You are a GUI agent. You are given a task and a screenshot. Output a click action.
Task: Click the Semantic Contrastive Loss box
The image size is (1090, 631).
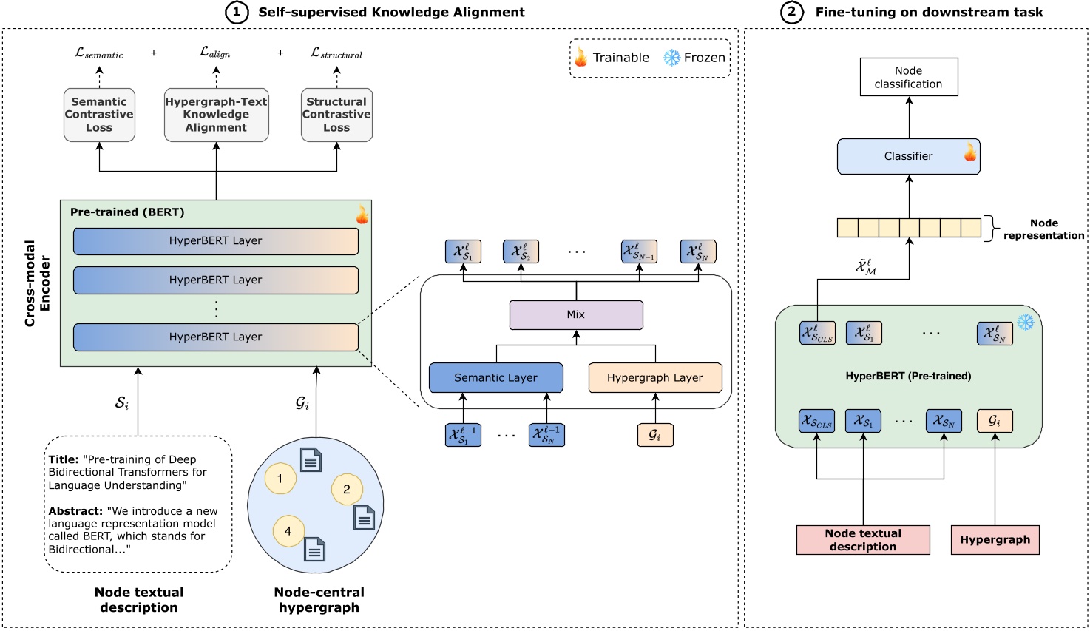click(99, 115)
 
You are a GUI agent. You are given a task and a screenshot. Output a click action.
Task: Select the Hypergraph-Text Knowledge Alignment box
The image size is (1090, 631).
click(216, 115)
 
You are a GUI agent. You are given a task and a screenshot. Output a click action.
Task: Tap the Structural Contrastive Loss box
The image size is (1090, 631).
click(336, 115)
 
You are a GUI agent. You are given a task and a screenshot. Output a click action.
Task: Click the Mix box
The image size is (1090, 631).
click(576, 314)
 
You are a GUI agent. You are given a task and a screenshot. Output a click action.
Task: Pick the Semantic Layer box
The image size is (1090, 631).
click(495, 377)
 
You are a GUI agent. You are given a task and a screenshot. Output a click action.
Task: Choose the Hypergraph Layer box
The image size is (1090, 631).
click(654, 377)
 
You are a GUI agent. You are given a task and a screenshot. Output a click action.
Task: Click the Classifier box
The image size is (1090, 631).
click(908, 156)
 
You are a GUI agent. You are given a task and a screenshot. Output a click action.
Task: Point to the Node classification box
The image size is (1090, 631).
click(908, 77)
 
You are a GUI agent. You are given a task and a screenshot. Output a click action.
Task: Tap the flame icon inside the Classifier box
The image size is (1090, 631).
click(969, 153)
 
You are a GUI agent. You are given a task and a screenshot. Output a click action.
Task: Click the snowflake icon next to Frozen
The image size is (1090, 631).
click(671, 58)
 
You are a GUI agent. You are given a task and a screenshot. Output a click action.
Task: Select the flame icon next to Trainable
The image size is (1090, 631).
click(581, 57)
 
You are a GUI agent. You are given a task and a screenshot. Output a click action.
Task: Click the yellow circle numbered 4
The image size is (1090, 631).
click(288, 530)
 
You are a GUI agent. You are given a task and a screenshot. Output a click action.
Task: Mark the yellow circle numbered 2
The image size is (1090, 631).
click(346, 489)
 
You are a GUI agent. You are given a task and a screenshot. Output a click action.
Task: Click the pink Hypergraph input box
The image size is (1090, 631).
click(995, 539)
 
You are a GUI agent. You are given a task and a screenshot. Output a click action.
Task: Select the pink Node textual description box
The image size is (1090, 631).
click(863, 539)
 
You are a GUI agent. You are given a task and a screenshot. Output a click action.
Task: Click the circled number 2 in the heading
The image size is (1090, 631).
click(791, 12)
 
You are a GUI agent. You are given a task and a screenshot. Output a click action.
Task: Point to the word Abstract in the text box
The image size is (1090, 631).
click(75, 511)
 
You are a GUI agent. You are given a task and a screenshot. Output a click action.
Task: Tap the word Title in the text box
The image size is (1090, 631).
click(64, 459)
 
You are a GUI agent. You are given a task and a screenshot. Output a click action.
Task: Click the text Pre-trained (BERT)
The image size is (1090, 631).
click(127, 212)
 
